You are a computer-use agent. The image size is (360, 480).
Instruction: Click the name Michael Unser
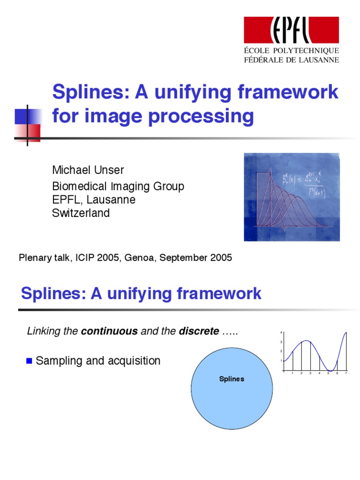tap(88, 170)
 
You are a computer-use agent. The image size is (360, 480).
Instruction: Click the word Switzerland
tap(81, 213)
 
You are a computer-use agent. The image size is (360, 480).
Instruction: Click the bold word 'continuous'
tap(109, 331)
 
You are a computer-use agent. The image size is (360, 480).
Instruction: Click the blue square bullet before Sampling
tap(30, 361)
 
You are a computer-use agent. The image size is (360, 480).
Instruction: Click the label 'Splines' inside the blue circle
tap(232, 379)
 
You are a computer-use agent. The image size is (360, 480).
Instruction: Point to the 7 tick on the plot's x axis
tap(346, 374)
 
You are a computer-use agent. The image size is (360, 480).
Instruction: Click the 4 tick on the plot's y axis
tap(281, 333)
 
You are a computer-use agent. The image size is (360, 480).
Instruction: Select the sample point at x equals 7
tap(346, 333)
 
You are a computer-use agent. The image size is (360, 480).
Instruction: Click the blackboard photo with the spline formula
tap(292, 197)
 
